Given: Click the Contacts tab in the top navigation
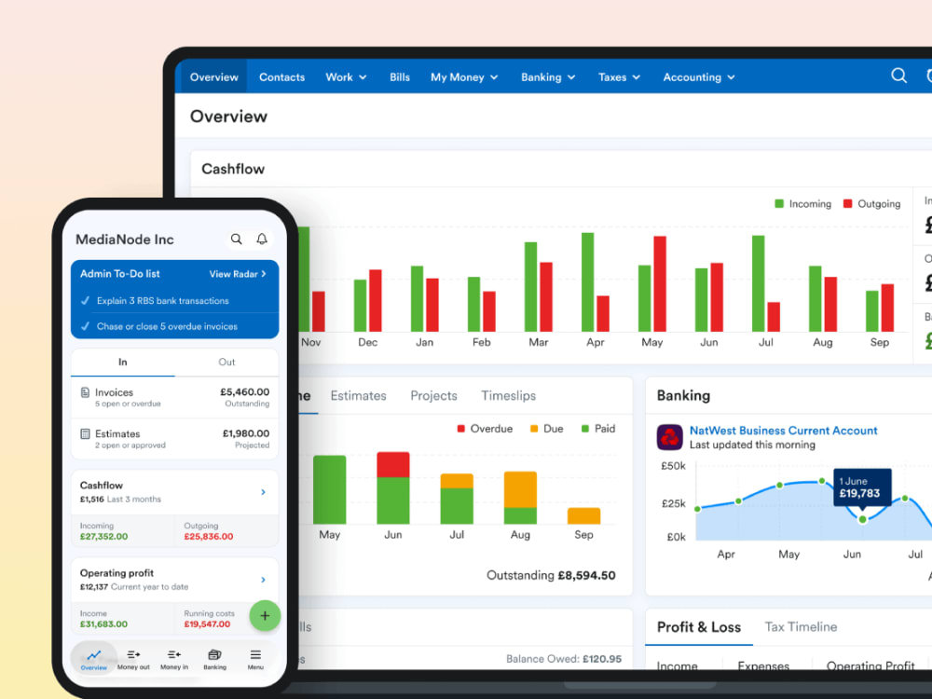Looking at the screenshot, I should click(x=281, y=77).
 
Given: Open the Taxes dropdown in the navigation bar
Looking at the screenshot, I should click(x=619, y=77).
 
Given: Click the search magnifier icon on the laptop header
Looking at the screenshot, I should click(x=898, y=76).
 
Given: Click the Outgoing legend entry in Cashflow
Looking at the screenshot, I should click(x=871, y=204).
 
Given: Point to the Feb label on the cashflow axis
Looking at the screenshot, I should click(x=481, y=342).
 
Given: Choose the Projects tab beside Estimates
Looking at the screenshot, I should click(x=433, y=396).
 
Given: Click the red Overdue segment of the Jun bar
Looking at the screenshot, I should click(x=392, y=464).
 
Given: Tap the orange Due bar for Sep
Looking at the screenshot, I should click(x=583, y=515).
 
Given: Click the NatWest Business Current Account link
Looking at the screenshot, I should click(x=783, y=431).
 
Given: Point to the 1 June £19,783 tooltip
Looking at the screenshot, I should click(x=861, y=487).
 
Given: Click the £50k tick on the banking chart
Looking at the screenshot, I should click(x=673, y=466).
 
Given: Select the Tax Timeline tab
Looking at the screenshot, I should click(x=801, y=627).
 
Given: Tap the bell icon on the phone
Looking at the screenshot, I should click(x=262, y=240).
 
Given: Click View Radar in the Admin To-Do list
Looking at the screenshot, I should click(x=238, y=274).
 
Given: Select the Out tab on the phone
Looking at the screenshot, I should click(x=226, y=362).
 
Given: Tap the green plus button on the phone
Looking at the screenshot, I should click(x=265, y=615).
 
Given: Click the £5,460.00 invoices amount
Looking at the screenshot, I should click(x=245, y=392).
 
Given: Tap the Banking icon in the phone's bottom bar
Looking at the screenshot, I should click(x=214, y=659).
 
